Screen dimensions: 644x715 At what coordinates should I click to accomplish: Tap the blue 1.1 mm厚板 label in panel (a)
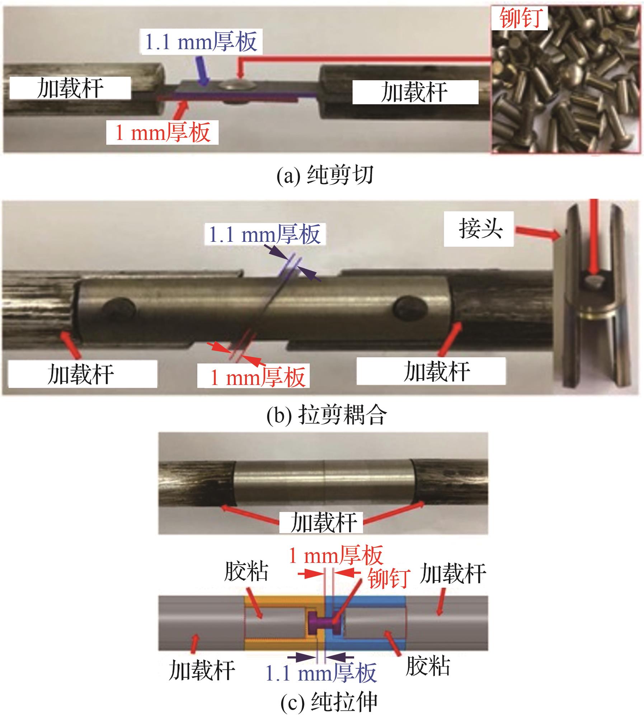pos(201,42)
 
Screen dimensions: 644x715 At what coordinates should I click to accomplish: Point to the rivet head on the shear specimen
pos(238,86)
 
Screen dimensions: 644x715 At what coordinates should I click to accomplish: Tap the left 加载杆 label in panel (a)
pos(70,88)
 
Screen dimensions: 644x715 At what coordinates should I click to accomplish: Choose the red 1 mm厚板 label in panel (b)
pos(258,377)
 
